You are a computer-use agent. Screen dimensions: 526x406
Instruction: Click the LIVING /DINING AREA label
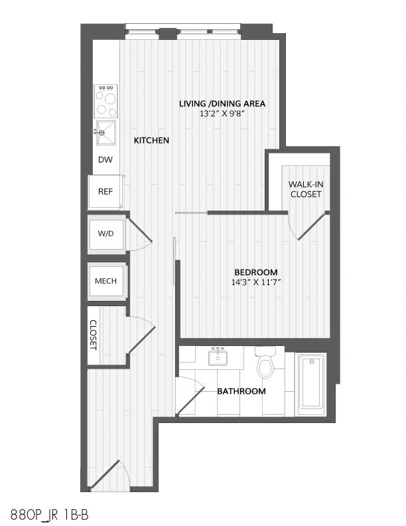222,104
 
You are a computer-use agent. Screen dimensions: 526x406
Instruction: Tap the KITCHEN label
151,141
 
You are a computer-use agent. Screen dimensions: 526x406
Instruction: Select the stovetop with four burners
106,100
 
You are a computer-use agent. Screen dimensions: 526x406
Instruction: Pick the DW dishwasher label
105,160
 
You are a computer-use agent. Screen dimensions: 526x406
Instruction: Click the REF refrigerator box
105,191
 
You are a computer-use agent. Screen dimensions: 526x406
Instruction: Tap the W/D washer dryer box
106,233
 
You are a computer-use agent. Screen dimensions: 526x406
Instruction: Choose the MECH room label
106,281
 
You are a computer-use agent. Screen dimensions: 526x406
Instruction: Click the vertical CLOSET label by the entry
94,335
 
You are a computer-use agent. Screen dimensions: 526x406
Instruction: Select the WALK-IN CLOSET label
305,189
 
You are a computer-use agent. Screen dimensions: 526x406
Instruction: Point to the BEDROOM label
255,272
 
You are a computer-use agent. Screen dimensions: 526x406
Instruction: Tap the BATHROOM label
241,391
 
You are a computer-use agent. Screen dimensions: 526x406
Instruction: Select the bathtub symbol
310,383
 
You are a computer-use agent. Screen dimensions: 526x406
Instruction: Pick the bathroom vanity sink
217,358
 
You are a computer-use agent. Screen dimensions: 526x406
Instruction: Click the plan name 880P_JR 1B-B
51,514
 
